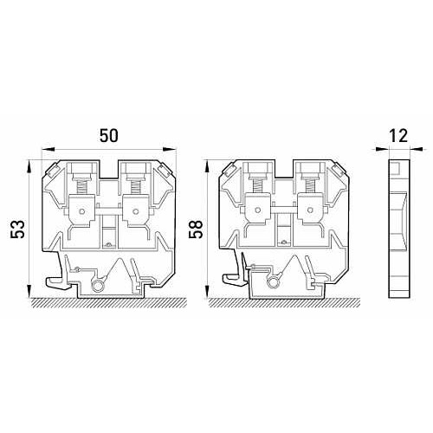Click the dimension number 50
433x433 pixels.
109,136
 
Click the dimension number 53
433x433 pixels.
17,229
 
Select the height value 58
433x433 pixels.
196,229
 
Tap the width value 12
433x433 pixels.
398,136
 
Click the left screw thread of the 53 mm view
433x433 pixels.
81,187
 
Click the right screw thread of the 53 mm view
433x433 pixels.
135,187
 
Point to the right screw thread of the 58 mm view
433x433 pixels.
310,187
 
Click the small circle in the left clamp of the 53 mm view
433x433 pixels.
81,211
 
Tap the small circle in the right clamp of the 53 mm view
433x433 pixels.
135,211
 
